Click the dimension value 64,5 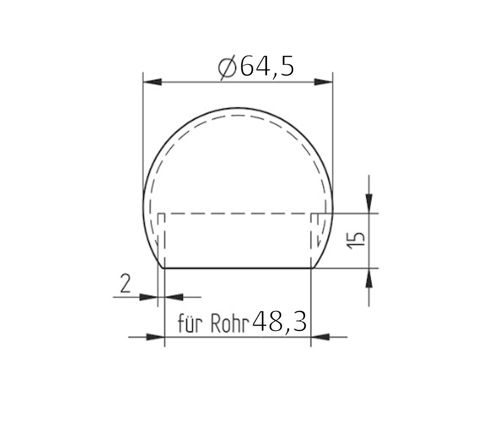[x=266, y=67]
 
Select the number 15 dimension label [x=356, y=240]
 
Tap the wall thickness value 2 [x=125, y=284]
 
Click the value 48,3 [x=279, y=322]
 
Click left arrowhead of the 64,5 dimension [x=152, y=83]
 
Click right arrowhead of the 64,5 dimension [x=323, y=83]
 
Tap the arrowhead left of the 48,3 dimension [x=155, y=337]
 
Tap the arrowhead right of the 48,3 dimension [x=320, y=337]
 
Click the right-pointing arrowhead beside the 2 [x=148, y=297]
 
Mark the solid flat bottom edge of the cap [x=238, y=268]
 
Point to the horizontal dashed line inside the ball [x=238, y=213]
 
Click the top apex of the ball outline [x=238, y=109]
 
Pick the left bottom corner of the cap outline [x=164, y=268]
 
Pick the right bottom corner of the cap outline [x=312, y=268]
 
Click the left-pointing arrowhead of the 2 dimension [x=173, y=297]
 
